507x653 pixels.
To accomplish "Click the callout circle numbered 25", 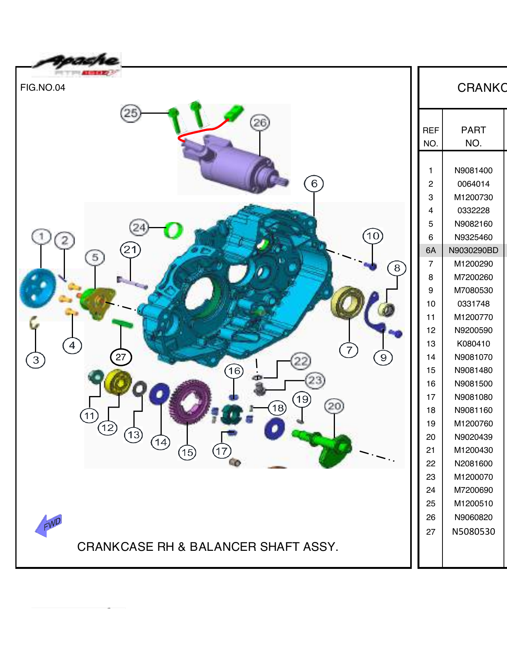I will click(x=131, y=113).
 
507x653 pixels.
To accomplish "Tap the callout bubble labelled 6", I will click(x=314, y=184).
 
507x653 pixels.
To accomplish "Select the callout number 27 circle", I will click(x=121, y=357).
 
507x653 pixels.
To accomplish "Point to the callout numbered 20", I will click(x=334, y=406).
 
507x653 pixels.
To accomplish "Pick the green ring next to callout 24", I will click(x=173, y=230).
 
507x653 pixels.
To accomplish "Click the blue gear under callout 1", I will click(x=37, y=289).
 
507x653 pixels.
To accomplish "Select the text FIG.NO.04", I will click(x=43, y=88).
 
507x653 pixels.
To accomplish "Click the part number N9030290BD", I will click(x=473, y=250).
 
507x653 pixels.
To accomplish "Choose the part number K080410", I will click(x=473, y=344).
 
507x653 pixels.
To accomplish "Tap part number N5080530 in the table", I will click(x=473, y=532).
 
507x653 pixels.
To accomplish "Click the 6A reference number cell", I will click(x=431, y=250).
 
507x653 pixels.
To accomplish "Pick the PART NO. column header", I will click(x=473, y=136).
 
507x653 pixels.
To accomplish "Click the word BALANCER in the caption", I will click(x=223, y=547).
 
